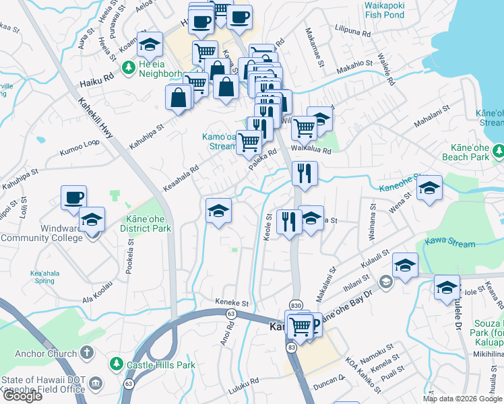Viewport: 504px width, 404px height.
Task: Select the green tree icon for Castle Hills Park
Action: point(117,364)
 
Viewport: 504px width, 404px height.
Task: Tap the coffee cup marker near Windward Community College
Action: point(73,197)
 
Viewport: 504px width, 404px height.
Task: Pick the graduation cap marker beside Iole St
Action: point(447,287)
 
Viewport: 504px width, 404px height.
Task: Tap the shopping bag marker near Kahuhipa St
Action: point(179,98)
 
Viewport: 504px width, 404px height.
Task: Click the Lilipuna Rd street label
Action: point(352,31)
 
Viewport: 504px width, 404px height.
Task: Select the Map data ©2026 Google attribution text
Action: point(463,399)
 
